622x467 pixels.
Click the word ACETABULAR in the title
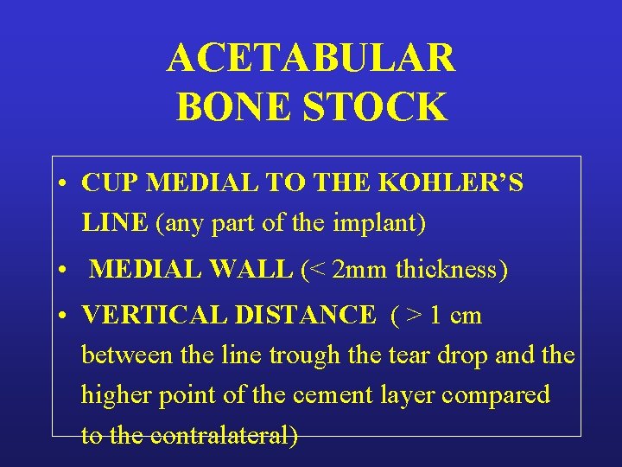click(311, 59)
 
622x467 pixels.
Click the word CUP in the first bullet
click(111, 183)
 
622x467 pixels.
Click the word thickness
click(447, 270)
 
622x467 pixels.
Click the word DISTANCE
click(310, 315)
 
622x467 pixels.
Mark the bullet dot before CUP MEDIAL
click(65, 184)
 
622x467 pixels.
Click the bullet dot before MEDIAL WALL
click(65, 271)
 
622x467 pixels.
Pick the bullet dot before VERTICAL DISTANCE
click(65, 316)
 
